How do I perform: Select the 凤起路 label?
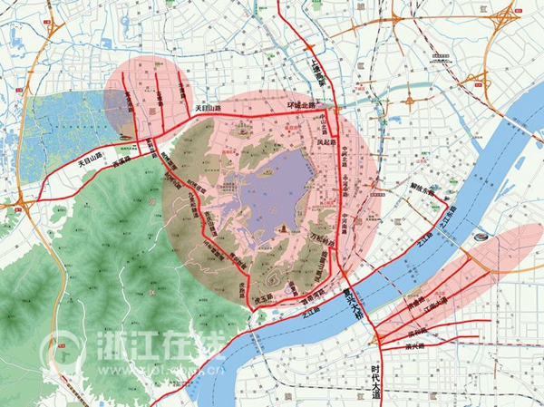click(325, 142)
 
